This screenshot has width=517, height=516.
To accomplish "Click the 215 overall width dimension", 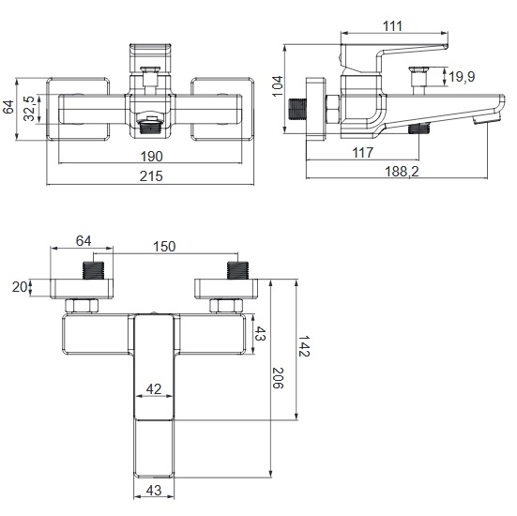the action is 151,176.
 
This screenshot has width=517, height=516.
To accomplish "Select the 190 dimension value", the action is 152,157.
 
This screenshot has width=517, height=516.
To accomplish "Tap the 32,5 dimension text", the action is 30,109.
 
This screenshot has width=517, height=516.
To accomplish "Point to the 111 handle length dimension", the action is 392,26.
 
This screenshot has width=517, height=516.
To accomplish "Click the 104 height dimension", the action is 278,86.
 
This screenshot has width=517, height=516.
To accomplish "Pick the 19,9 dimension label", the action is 462,77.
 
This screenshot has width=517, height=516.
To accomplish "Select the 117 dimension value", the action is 363,153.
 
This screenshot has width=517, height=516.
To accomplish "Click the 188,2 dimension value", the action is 402,172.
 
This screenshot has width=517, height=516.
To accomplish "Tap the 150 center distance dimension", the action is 164,247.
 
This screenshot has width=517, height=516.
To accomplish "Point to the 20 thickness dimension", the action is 20,287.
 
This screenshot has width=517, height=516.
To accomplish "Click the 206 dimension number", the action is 278,378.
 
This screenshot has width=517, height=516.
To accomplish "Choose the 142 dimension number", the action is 304,346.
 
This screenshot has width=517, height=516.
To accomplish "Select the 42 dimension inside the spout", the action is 154,389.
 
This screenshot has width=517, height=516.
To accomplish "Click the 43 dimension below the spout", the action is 154,491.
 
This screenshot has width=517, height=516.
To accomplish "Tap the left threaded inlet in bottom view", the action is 93,270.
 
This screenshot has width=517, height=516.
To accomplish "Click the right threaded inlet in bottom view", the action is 237,270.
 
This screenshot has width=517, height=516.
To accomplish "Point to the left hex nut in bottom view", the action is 82,306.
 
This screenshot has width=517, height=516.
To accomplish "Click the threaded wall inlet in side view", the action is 297,109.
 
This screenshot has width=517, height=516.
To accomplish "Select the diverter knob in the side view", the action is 418,77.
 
